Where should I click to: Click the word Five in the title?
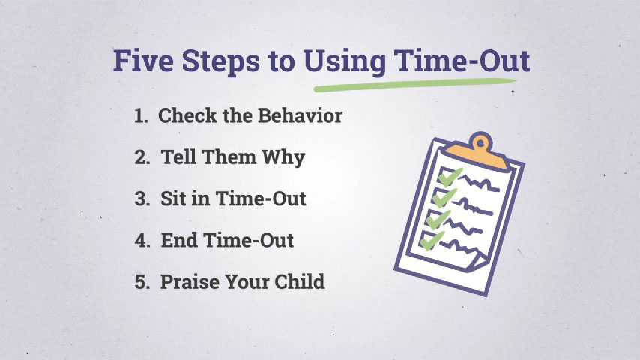tap(143, 61)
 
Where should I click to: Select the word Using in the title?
tap(344, 62)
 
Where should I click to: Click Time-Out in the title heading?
tap(462, 61)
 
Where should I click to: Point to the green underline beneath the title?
tap(414, 85)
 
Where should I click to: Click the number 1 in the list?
tap(140, 116)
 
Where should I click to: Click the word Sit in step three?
tap(172, 199)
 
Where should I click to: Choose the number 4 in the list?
tap(142, 240)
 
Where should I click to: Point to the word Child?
tap(299, 281)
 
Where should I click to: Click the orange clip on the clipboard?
tap(477, 152)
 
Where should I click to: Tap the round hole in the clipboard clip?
tap(481, 143)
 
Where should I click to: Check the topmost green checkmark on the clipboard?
tap(450, 177)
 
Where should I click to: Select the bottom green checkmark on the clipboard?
tap(432, 241)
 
